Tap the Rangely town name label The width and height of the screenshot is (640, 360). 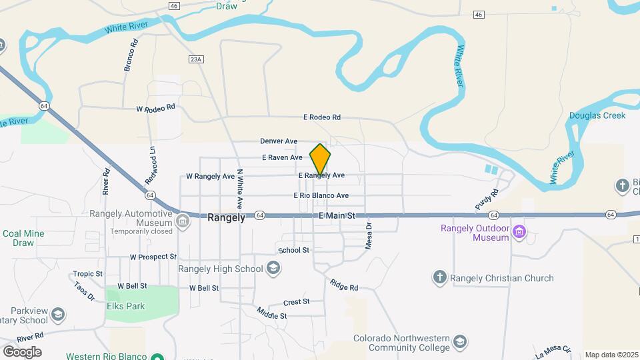227,217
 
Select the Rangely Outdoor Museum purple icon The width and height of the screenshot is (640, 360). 520,233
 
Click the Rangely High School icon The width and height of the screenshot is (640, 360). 272,269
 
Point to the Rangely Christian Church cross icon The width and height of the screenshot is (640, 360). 439,278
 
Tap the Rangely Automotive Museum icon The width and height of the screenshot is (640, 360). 183,221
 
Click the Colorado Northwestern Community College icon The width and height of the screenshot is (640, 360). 459,343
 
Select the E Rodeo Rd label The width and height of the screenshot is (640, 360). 321,117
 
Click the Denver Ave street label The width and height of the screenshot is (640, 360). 279,141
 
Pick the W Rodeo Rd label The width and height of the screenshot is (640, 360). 155,107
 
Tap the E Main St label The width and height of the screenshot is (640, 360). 337,216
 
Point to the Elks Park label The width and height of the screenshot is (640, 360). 125,307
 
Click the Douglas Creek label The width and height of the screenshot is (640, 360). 597,115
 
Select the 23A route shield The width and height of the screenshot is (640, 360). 195,59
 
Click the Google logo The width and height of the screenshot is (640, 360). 22,352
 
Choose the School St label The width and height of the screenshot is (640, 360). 294,250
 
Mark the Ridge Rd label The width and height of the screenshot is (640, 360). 344,285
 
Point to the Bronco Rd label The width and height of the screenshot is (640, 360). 131,55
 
